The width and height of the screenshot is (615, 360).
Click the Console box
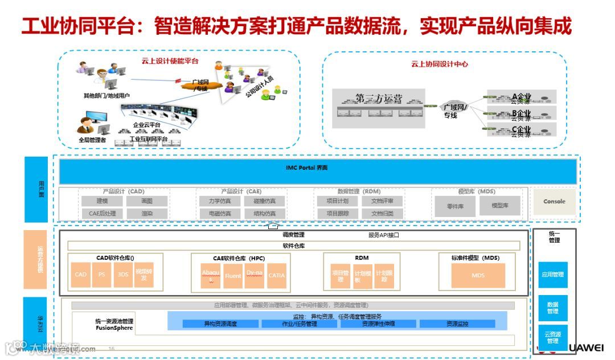point(554,202)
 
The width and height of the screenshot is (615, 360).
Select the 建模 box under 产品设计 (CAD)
point(102,201)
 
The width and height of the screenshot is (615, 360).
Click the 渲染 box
point(147,214)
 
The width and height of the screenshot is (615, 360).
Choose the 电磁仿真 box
point(215,214)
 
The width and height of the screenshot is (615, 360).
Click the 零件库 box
point(454,206)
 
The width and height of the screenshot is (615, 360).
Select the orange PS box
point(101,275)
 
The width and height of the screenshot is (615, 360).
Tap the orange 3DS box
point(123,275)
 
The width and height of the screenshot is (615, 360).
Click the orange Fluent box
point(233,276)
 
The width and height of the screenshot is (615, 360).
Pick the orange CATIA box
point(277,276)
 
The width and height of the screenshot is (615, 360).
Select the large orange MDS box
point(478,276)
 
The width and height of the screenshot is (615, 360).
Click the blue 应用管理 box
point(552,275)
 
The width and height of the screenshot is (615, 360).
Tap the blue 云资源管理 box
point(552,337)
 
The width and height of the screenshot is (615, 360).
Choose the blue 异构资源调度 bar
point(220,324)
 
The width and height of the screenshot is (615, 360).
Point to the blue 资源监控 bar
point(457,324)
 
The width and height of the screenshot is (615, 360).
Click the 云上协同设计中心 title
point(440,64)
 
